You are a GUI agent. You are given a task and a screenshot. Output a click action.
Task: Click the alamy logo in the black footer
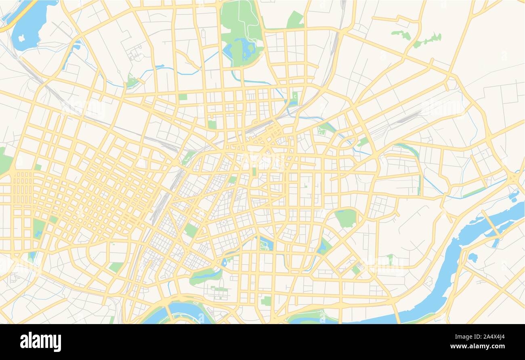[40, 341]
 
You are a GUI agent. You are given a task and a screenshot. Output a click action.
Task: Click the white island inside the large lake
[21, 38]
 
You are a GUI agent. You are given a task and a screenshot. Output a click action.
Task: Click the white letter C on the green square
[295, 97]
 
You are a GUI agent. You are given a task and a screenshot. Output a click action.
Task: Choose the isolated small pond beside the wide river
[472, 257]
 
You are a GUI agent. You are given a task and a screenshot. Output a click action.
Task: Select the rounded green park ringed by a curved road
[346, 218]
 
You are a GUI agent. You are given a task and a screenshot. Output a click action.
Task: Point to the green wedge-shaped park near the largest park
[295, 19]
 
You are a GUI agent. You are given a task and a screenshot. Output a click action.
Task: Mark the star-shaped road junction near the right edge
[513, 178]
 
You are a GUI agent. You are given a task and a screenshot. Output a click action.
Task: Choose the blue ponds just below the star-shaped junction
[514, 197]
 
